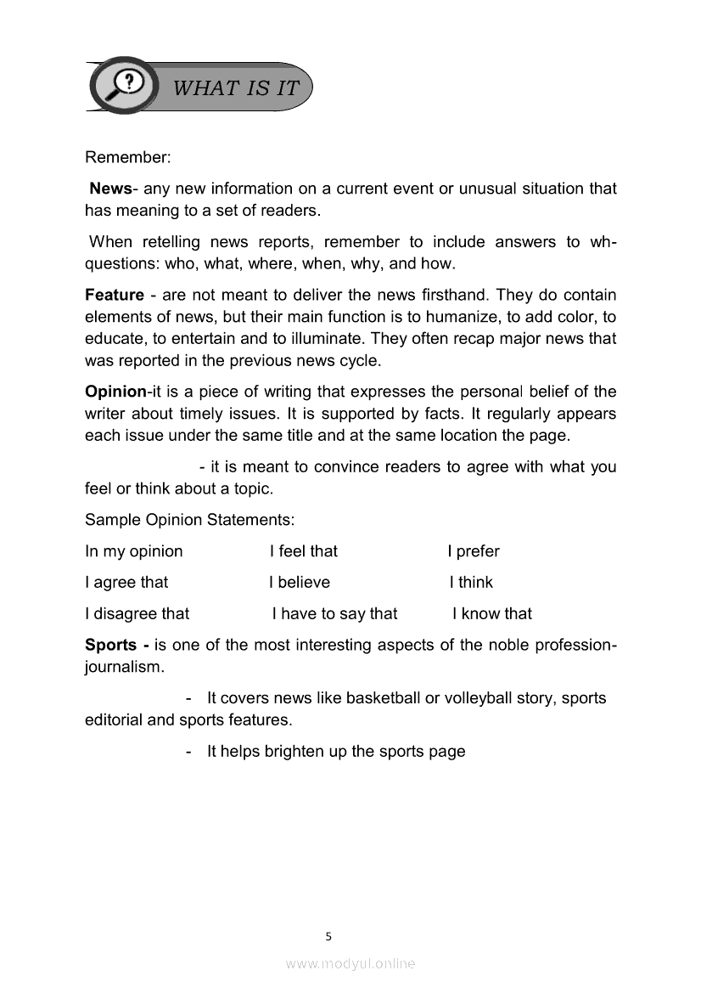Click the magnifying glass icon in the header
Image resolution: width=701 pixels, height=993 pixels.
125,84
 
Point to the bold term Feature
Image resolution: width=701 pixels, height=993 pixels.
115,296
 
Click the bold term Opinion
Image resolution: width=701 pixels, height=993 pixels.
115,392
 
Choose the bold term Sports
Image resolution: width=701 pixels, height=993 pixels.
112,645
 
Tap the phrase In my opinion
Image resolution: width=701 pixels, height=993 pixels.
134,551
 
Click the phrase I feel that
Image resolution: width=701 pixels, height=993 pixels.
303,551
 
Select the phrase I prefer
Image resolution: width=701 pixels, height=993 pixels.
473,551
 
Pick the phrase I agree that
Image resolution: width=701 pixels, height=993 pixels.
126,583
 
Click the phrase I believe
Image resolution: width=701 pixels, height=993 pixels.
300,583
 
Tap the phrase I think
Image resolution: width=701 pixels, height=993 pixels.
471,583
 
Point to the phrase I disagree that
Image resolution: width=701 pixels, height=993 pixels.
137,613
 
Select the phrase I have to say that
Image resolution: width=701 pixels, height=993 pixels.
334,613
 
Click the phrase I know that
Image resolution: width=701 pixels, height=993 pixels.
492,613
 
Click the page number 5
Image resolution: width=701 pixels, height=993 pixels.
328,937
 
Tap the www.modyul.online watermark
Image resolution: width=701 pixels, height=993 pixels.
350,963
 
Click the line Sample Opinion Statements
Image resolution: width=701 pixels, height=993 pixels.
189,520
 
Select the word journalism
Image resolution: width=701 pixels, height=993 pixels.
123,667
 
